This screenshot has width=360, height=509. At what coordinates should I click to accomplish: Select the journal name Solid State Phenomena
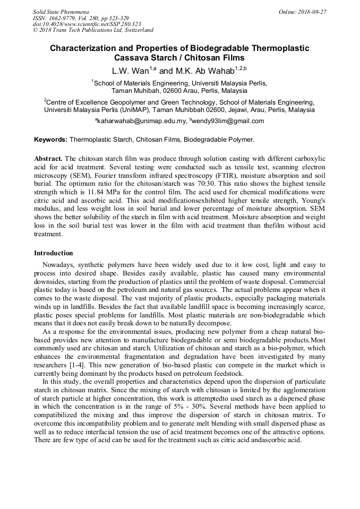coord(61,12)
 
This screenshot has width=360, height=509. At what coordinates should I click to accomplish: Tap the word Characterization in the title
coord(81,48)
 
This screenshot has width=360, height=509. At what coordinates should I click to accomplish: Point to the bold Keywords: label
coord(50,140)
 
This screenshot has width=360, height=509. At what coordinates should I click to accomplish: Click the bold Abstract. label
coord(49,159)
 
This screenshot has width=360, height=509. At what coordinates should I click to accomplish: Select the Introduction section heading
coord(53,253)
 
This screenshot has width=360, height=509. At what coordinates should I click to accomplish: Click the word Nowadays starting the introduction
coord(58,264)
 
